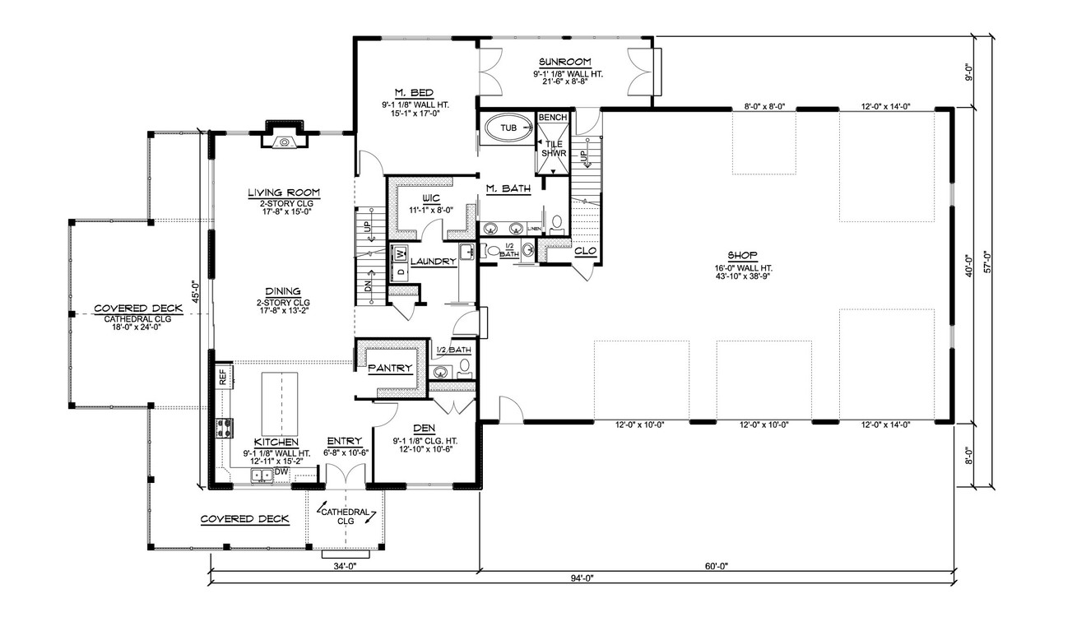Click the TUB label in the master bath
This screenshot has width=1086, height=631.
509,128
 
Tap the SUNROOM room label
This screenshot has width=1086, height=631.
566,62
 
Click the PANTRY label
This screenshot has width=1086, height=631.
390,368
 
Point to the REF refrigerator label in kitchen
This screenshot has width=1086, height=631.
222,377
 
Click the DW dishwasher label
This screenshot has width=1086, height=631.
282,471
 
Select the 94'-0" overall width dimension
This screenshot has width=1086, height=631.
581,578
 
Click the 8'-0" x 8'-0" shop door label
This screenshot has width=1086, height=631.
763,106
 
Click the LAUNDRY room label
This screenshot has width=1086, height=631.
434,262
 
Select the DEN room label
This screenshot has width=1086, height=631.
425,429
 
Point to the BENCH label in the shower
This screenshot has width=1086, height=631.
552,118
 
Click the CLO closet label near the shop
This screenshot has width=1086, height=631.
585,251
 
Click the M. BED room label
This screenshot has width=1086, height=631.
410,91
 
